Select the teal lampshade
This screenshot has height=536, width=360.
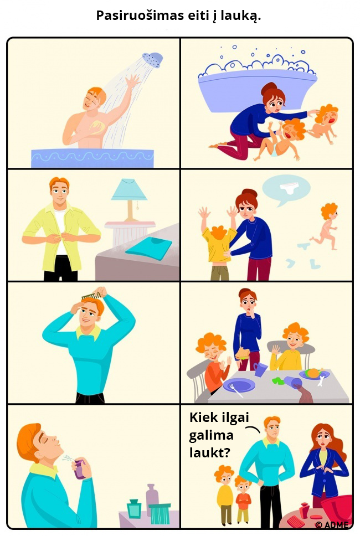pos(129,190)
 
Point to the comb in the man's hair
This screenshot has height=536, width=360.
pos(91,295)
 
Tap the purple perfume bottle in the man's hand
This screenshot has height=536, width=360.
pos(80,469)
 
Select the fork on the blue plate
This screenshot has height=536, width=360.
pos(236,390)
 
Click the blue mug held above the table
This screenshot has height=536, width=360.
pos(260,369)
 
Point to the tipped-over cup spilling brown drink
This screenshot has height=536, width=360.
pos(292,382)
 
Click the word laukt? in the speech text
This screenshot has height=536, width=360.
pos(210,452)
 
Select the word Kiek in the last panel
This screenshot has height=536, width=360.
pos(203,417)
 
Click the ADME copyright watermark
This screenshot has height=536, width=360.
pos(332,525)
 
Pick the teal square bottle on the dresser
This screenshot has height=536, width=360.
pos(134,508)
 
